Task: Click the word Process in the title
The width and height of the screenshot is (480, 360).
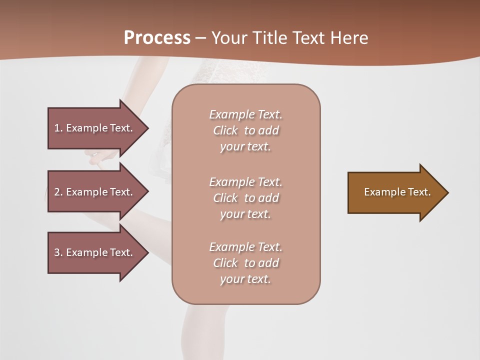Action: (x=157, y=38)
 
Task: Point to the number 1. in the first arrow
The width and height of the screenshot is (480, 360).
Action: (x=58, y=128)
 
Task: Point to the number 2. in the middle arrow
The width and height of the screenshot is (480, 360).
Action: (x=58, y=192)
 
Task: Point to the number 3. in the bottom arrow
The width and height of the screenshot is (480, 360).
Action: (x=58, y=252)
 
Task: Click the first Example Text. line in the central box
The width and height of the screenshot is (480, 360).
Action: (x=246, y=114)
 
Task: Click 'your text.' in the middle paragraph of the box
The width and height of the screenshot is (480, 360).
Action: (x=245, y=214)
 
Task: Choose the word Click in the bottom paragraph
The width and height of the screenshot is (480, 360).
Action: (x=225, y=263)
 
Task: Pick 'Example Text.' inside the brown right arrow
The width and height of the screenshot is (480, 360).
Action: (x=397, y=192)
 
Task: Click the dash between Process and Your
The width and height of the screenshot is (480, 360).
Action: (x=200, y=38)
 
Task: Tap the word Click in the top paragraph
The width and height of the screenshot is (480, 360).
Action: (x=225, y=130)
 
